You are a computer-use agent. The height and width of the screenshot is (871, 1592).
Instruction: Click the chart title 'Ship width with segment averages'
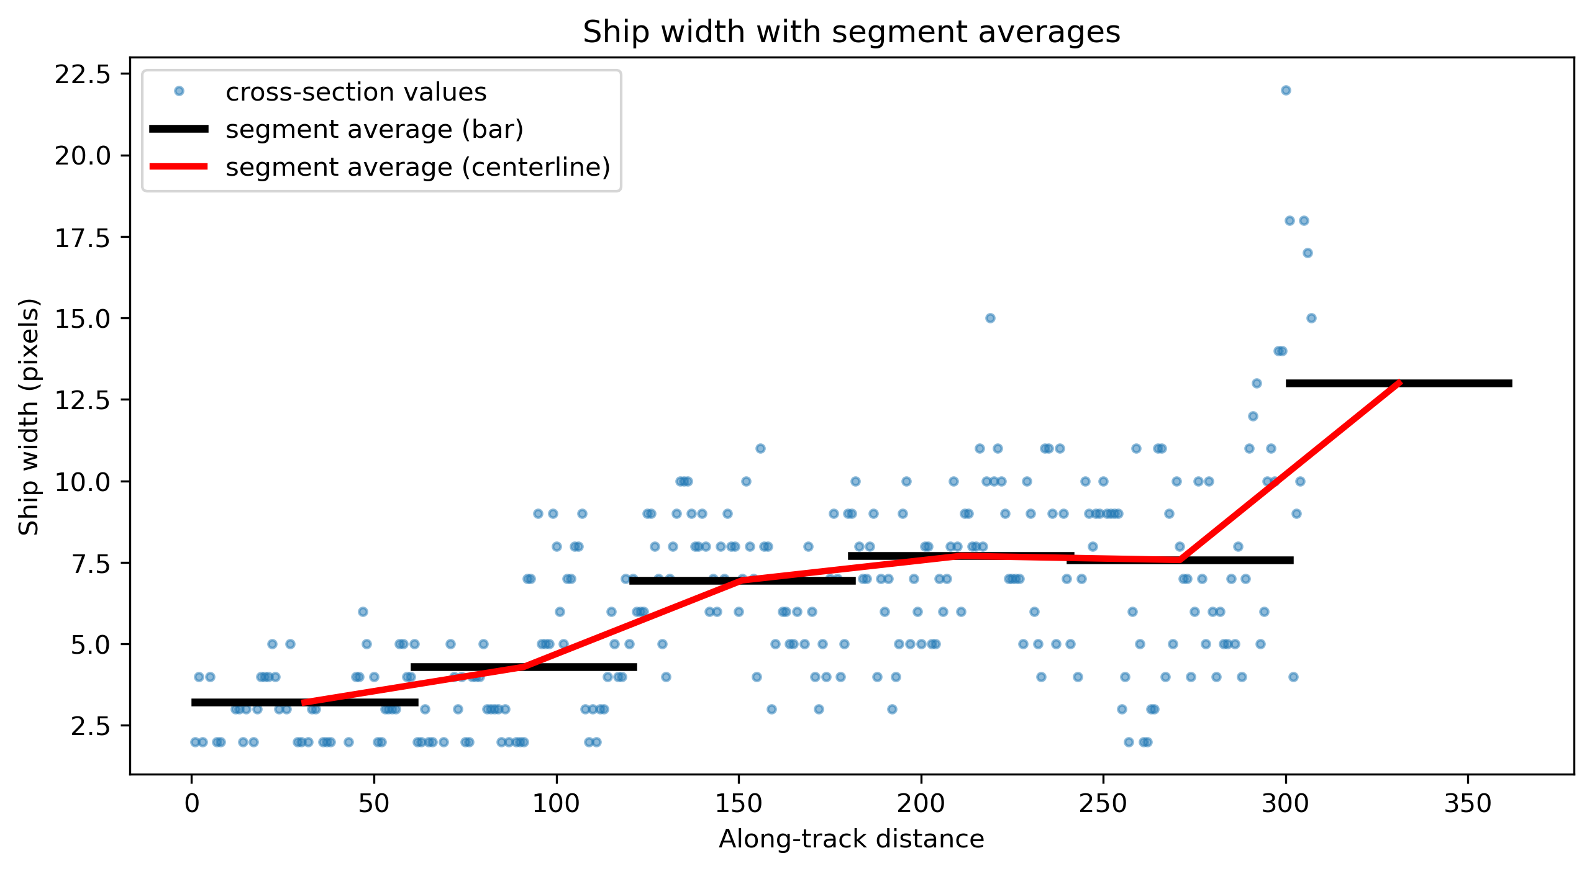point(852,32)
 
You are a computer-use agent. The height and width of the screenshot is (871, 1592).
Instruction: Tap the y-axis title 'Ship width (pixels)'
point(29,416)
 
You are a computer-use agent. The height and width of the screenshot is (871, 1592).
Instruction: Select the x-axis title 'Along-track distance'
point(852,839)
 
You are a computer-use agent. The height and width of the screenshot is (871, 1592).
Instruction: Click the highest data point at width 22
point(1286,90)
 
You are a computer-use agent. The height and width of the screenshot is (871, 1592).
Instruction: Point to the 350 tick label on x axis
point(1468,804)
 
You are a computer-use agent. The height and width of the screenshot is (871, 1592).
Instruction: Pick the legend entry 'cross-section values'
point(356,92)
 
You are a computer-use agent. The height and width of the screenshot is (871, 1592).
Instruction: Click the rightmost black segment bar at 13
point(1399,383)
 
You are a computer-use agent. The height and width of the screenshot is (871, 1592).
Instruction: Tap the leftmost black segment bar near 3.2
point(305,702)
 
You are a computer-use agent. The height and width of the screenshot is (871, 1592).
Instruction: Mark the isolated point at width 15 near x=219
point(990,318)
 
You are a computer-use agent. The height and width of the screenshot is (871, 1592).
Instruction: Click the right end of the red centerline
point(1399,383)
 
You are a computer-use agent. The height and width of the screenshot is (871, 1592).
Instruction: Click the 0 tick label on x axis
point(192,804)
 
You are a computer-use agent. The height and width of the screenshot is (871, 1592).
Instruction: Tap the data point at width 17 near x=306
point(1308,253)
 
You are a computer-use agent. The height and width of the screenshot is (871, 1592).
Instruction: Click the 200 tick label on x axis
point(921,804)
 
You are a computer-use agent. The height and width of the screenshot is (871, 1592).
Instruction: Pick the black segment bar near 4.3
point(524,667)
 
